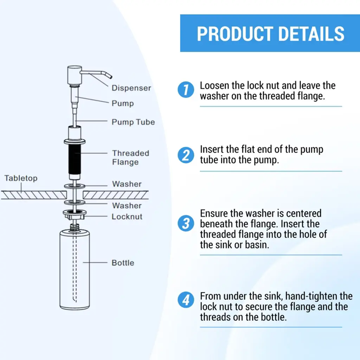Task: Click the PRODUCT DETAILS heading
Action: click(x=270, y=34)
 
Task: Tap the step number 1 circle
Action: click(x=186, y=90)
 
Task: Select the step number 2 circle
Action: click(x=186, y=155)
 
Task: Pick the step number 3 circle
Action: click(x=186, y=223)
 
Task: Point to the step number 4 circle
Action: click(x=186, y=300)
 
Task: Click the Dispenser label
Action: click(x=131, y=88)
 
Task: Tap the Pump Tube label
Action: click(x=133, y=122)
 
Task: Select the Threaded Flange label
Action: click(x=130, y=157)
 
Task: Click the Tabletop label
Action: click(x=21, y=178)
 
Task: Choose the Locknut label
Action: click(x=127, y=217)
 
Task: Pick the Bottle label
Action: click(x=123, y=263)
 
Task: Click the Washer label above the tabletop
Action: click(x=127, y=184)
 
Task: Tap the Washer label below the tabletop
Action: click(x=127, y=205)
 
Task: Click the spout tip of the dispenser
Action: click(x=111, y=76)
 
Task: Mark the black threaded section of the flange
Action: click(x=75, y=159)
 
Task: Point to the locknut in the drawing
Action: click(x=75, y=214)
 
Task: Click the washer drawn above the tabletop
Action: click(x=75, y=186)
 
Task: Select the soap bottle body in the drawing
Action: click(x=75, y=270)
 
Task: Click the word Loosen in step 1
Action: click(x=214, y=85)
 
